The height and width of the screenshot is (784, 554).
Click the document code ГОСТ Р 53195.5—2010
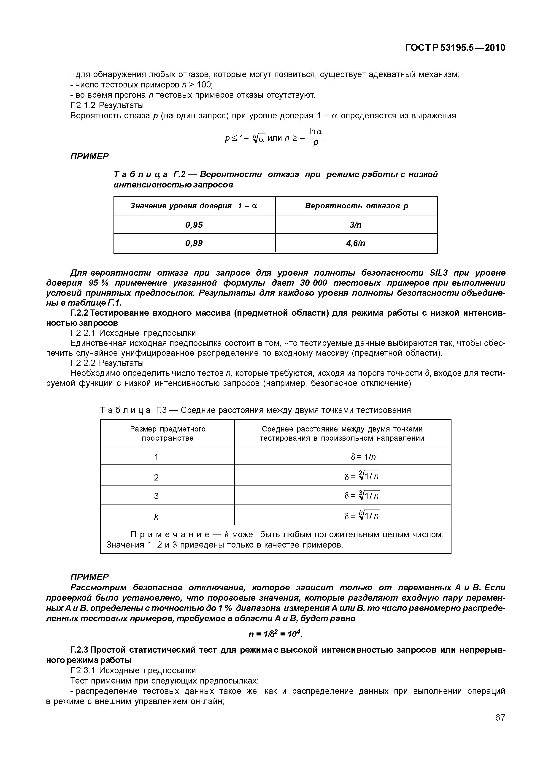point(455,48)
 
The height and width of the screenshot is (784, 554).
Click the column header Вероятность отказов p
point(356,206)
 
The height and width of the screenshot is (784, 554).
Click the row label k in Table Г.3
point(156,517)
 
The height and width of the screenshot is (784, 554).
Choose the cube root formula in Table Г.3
point(362,495)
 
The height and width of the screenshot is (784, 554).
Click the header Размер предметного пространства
point(167,434)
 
